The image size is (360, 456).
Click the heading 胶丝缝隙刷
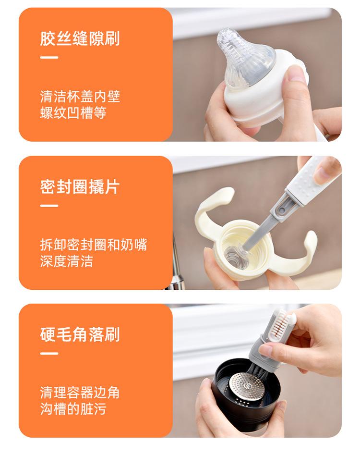click(x=80, y=38)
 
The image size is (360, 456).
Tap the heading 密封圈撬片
click(x=80, y=187)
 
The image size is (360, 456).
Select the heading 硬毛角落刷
click(x=80, y=334)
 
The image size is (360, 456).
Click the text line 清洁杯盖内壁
click(x=80, y=97)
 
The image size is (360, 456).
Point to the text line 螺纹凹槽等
click(x=73, y=113)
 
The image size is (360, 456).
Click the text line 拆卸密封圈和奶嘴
click(x=93, y=245)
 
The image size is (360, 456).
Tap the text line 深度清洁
click(x=67, y=261)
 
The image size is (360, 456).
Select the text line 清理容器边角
click(x=80, y=393)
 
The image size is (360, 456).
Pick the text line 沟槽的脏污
click(x=73, y=409)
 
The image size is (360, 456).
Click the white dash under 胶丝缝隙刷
click(x=49, y=57)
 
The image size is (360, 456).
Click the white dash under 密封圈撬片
click(x=49, y=206)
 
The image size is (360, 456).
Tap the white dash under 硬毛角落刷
click(x=49, y=354)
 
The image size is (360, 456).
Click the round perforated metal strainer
click(x=247, y=387)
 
